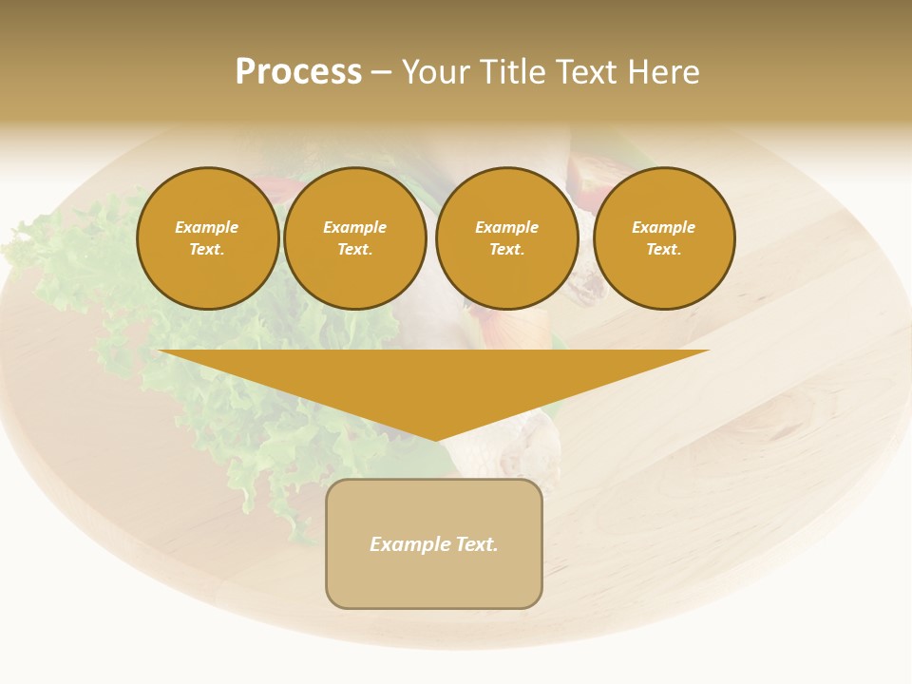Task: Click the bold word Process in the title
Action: click(298, 72)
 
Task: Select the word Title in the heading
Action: click(514, 72)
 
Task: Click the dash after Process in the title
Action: click(381, 73)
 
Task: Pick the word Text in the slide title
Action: click(587, 72)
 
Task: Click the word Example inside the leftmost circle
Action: click(207, 227)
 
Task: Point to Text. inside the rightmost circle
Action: click(664, 249)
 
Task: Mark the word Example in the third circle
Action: click(507, 227)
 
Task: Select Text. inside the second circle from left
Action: click(355, 249)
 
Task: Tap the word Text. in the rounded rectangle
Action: click(476, 544)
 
